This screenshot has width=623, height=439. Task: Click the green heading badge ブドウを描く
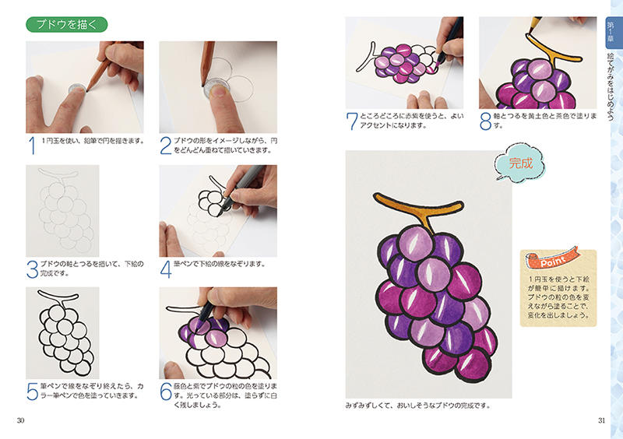pos(67,25)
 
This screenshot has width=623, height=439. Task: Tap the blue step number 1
pos(33,146)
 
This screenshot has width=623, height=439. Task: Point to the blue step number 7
pos(352,121)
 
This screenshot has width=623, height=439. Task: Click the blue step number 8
pos(485,121)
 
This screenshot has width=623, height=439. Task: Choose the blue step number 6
pos(166,392)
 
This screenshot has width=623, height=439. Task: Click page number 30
pos(21,420)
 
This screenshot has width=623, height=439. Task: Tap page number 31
pos(601,420)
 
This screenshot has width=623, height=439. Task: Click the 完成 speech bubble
pos(519,163)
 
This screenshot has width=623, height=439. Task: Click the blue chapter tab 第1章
pos(611,33)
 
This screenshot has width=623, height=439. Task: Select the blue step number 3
pos(32,270)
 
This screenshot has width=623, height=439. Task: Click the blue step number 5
pos(32,392)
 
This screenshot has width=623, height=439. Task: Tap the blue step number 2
pos(166,146)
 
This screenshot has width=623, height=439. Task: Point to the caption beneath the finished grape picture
pos(418,406)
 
